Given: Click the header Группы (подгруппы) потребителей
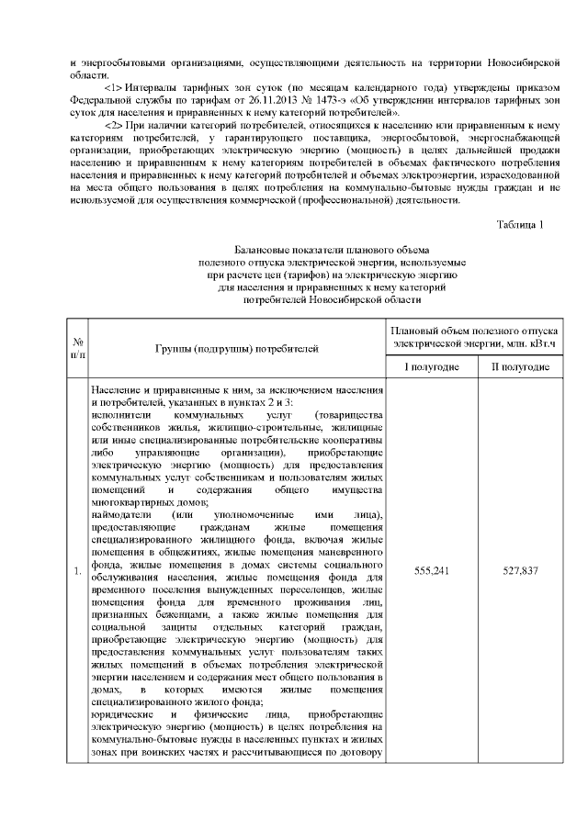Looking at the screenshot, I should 235,349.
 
